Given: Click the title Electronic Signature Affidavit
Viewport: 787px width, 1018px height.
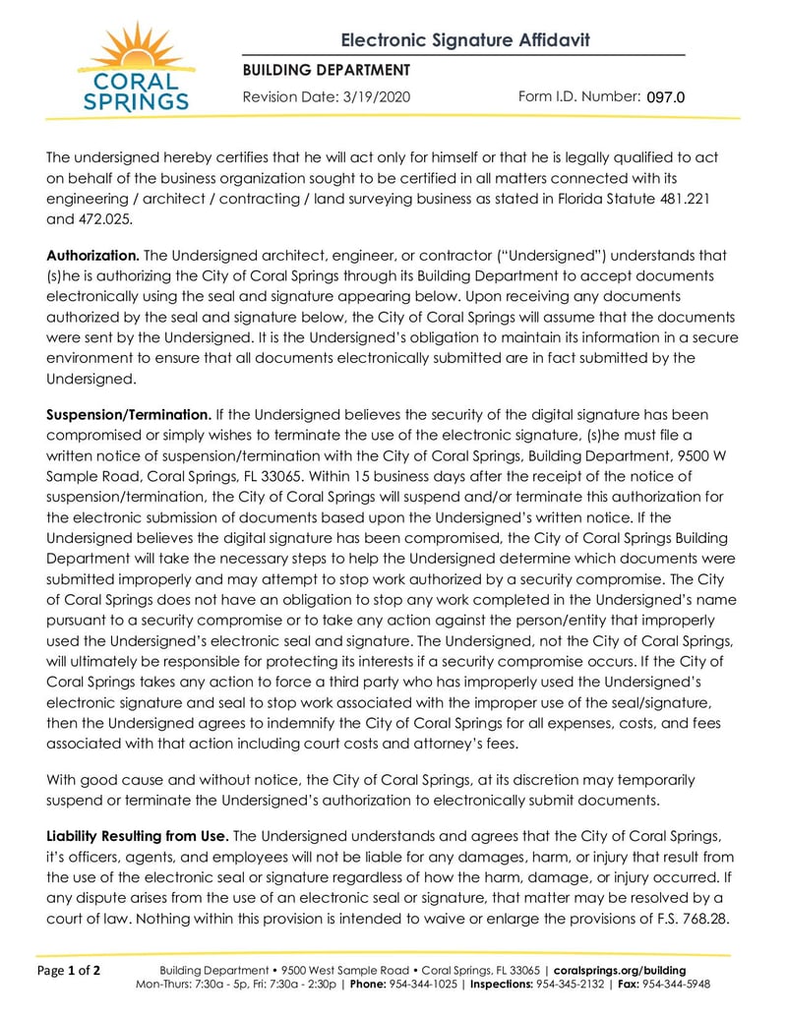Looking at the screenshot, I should [465, 40].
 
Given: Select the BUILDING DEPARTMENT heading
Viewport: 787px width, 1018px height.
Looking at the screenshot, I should [326, 70].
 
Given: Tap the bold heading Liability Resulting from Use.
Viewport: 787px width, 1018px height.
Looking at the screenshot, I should [138, 836].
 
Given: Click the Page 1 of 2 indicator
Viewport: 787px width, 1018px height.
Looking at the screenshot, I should [70, 971].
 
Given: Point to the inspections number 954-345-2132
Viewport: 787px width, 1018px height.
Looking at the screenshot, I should [575, 984].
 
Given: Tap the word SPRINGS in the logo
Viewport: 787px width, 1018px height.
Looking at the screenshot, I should [136, 100].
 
